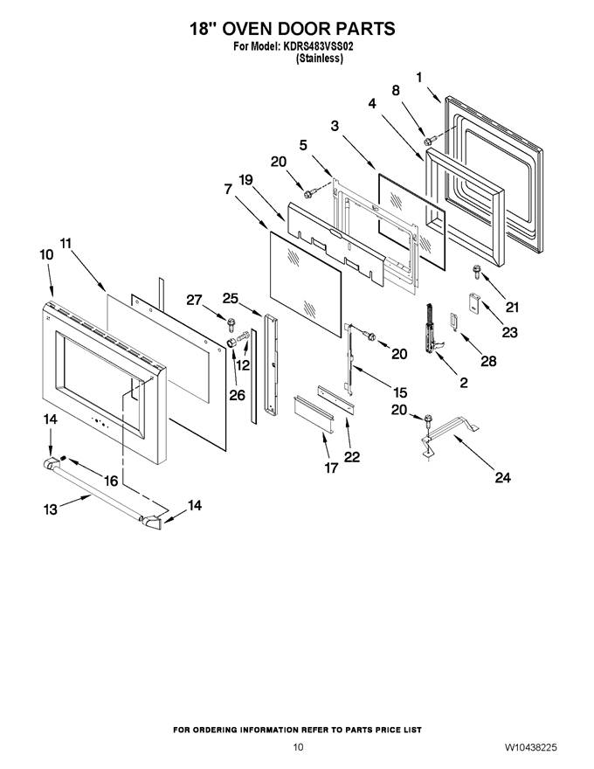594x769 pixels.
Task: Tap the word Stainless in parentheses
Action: point(319,59)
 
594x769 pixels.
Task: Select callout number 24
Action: point(503,477)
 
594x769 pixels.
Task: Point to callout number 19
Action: point(245,180)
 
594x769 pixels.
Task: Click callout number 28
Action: point(488,361)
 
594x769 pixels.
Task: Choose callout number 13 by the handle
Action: point(51,509)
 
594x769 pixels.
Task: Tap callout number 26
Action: point(238,395)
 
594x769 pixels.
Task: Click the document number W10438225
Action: point(531,747)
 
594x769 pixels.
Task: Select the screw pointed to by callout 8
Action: point(428,142)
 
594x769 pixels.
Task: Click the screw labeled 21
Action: point(476,271)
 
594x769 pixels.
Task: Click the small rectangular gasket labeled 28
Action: point(453,322)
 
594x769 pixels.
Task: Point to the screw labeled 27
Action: point(231,324)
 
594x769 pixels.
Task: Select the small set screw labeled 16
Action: point(63,459)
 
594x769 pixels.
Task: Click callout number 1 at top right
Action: point(419,77)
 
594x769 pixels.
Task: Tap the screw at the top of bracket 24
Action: point(430,419)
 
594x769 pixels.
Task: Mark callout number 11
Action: point(66,243)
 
